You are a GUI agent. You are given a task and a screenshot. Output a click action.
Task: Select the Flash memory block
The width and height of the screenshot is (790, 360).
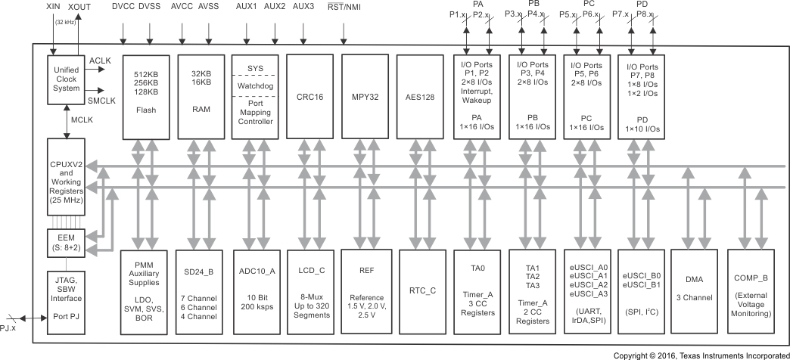(x=145, y=95)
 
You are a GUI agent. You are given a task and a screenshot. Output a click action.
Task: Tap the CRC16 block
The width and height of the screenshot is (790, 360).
(x=309, y=95)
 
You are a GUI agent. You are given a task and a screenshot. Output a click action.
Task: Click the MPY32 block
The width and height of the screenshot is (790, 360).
(x=364, y=95)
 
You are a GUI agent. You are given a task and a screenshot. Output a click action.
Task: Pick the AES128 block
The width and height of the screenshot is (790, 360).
(x=418, y=95)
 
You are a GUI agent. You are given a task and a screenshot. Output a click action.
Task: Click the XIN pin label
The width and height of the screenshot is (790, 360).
(x=54, y=6)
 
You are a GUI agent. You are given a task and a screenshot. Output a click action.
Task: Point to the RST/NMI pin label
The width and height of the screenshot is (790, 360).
(x=344, y=6)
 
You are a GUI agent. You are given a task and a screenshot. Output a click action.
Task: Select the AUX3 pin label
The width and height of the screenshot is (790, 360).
(x=303, y=6)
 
